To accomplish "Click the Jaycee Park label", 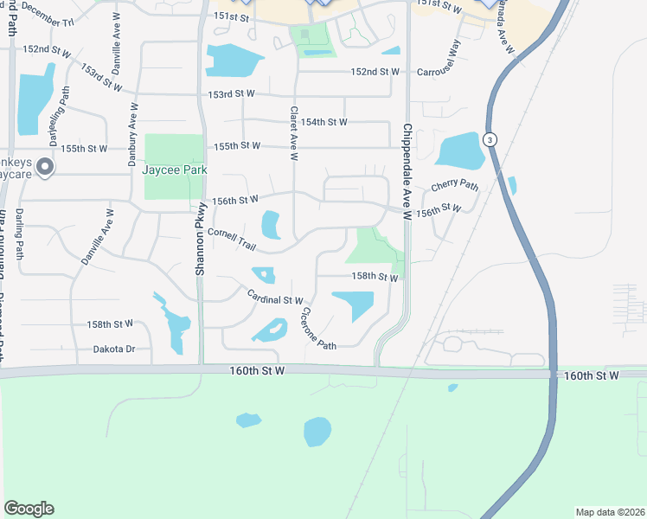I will point(175,170).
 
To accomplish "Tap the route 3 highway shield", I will point(490,139).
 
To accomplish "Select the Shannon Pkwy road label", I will point(200,239).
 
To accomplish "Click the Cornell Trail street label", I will point(232,240).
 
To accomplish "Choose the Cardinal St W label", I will point(274,298).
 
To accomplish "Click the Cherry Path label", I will point(454,186).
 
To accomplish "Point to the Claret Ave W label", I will point(294,133).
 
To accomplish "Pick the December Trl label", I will point(47,14).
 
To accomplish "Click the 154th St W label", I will point(317,122).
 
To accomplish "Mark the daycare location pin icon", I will point(45,167).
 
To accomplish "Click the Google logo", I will point(29,509).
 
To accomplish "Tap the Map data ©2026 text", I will point(610,512).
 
